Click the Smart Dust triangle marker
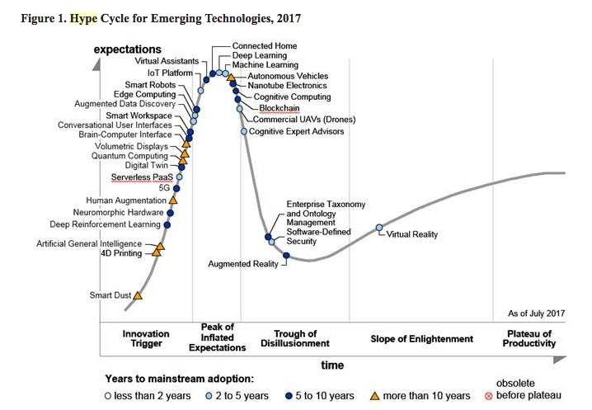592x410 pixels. (138, 295)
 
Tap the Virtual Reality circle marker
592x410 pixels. (379, 228)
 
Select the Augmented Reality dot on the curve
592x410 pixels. (286, 256)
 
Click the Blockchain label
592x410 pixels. (279, 108)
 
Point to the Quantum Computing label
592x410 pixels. (129, 155)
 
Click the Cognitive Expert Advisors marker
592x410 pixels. (244, 131)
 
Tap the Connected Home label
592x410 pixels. (264, 46)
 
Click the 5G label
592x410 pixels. (163, 188)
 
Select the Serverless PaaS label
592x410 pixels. (142, 177)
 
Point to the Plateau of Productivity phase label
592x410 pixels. (529, 338)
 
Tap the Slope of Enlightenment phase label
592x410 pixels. (422, 339)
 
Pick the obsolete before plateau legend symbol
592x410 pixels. (488, 396)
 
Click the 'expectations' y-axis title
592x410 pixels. (127, 49)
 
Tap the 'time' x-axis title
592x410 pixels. (332, 365)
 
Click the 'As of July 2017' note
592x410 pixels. (536, 314)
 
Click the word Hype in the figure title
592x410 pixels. (82, 18)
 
